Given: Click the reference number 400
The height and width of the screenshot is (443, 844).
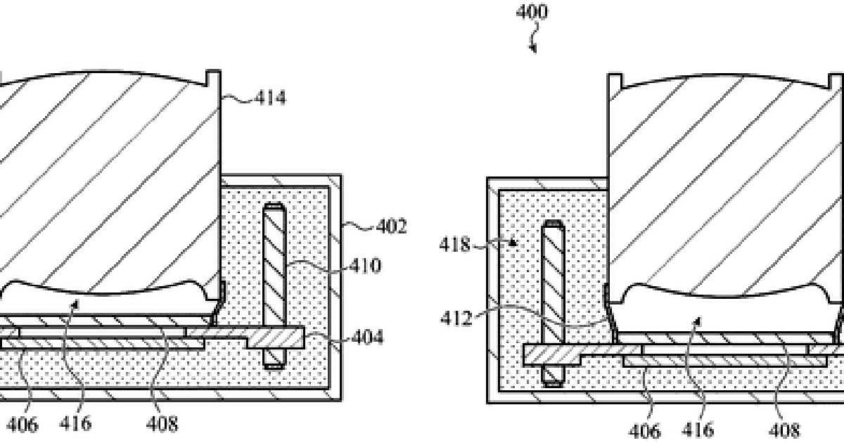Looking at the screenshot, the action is [x=532, y=12].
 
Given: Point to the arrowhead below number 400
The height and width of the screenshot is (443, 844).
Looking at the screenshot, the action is [x=533, y=49].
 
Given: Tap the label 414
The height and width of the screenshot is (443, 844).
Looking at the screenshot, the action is [x=270, y=98].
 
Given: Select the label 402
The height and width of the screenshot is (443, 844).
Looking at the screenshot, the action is [x=392, y=226].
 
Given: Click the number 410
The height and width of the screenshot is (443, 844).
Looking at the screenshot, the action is [x=365, y=266].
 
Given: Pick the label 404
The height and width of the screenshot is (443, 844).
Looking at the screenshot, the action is [x=367, y=337].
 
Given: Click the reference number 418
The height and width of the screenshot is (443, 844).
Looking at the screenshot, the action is [x=455, y=245].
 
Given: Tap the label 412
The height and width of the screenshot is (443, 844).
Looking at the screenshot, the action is [x=456, y=319].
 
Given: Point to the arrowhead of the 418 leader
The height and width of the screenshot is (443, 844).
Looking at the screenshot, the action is [x=512, y=242].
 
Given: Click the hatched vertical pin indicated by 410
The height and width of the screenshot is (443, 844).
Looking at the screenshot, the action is [x=274, y=286].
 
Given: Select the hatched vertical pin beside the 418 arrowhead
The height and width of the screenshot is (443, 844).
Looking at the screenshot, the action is [x=553, y=304].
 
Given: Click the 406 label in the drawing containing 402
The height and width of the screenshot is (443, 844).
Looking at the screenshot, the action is [x=23, y=425].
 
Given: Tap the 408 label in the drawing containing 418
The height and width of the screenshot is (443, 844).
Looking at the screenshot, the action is [x=784, y=431].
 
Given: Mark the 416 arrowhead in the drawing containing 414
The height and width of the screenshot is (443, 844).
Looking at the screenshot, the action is [x=76, y=304].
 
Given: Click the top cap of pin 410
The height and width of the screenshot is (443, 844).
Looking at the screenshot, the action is [x=274, y=207].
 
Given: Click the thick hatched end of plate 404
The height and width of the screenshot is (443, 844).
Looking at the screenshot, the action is [x=276, y=338].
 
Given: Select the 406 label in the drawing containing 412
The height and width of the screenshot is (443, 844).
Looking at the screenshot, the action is [x=645, y=431].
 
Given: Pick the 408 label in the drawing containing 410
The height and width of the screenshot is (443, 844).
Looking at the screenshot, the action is [x=162, y=425].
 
